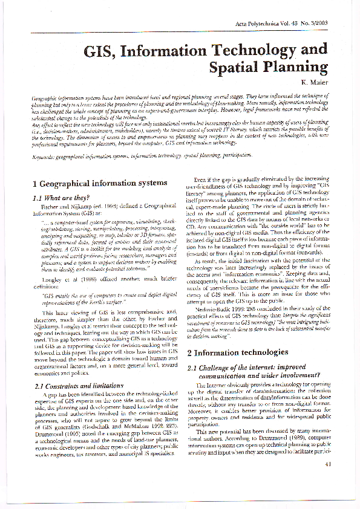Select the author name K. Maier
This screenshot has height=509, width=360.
tap(315, 83)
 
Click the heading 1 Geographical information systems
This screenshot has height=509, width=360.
tap(99, 183)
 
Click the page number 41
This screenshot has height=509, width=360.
tap(329, 481)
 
